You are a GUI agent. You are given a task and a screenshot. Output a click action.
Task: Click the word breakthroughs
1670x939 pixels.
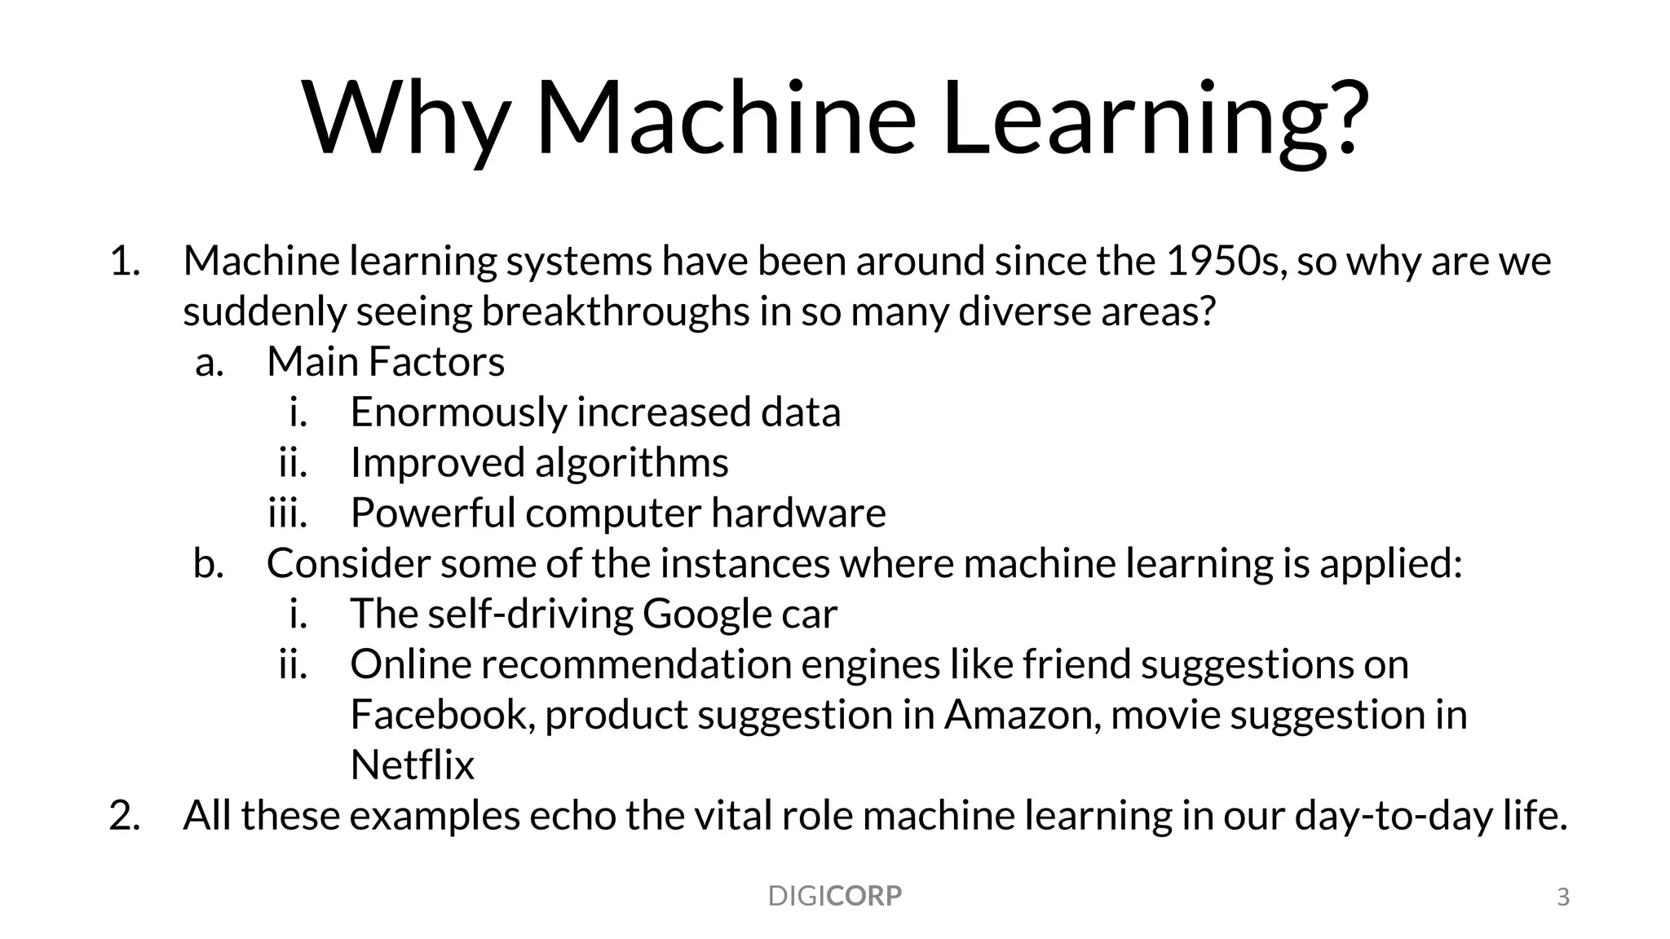click(615, 311)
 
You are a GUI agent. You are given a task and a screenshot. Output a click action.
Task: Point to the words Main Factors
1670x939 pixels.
click(386, 361)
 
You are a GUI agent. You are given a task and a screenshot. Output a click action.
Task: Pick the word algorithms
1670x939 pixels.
click(631, 463)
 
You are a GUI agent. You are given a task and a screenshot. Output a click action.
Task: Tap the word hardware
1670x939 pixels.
click(798, 513)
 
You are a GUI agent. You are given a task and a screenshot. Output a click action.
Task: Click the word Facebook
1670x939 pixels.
click(442, 715)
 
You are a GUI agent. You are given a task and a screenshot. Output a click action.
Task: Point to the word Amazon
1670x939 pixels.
click(1023, 715)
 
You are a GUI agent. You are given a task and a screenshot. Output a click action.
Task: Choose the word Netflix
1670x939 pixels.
click(412, 765)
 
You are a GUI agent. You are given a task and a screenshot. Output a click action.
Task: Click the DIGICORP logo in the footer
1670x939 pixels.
click(834, 896)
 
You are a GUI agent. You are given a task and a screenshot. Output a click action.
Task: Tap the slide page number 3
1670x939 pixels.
click(1563, 897)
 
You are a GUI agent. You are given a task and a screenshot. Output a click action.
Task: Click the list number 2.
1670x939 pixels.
click(124, 815)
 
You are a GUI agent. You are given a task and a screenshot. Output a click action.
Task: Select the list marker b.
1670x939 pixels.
click(209, 563)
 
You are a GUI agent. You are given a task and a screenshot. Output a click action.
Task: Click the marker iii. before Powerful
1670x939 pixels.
click(288, 513)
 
